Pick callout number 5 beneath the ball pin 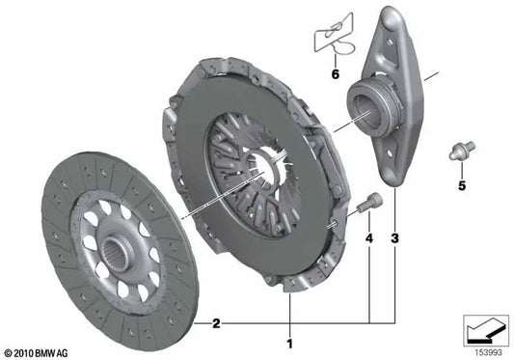click(461, 185)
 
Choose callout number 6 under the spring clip click(337, 73)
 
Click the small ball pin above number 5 click(460, 152)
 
